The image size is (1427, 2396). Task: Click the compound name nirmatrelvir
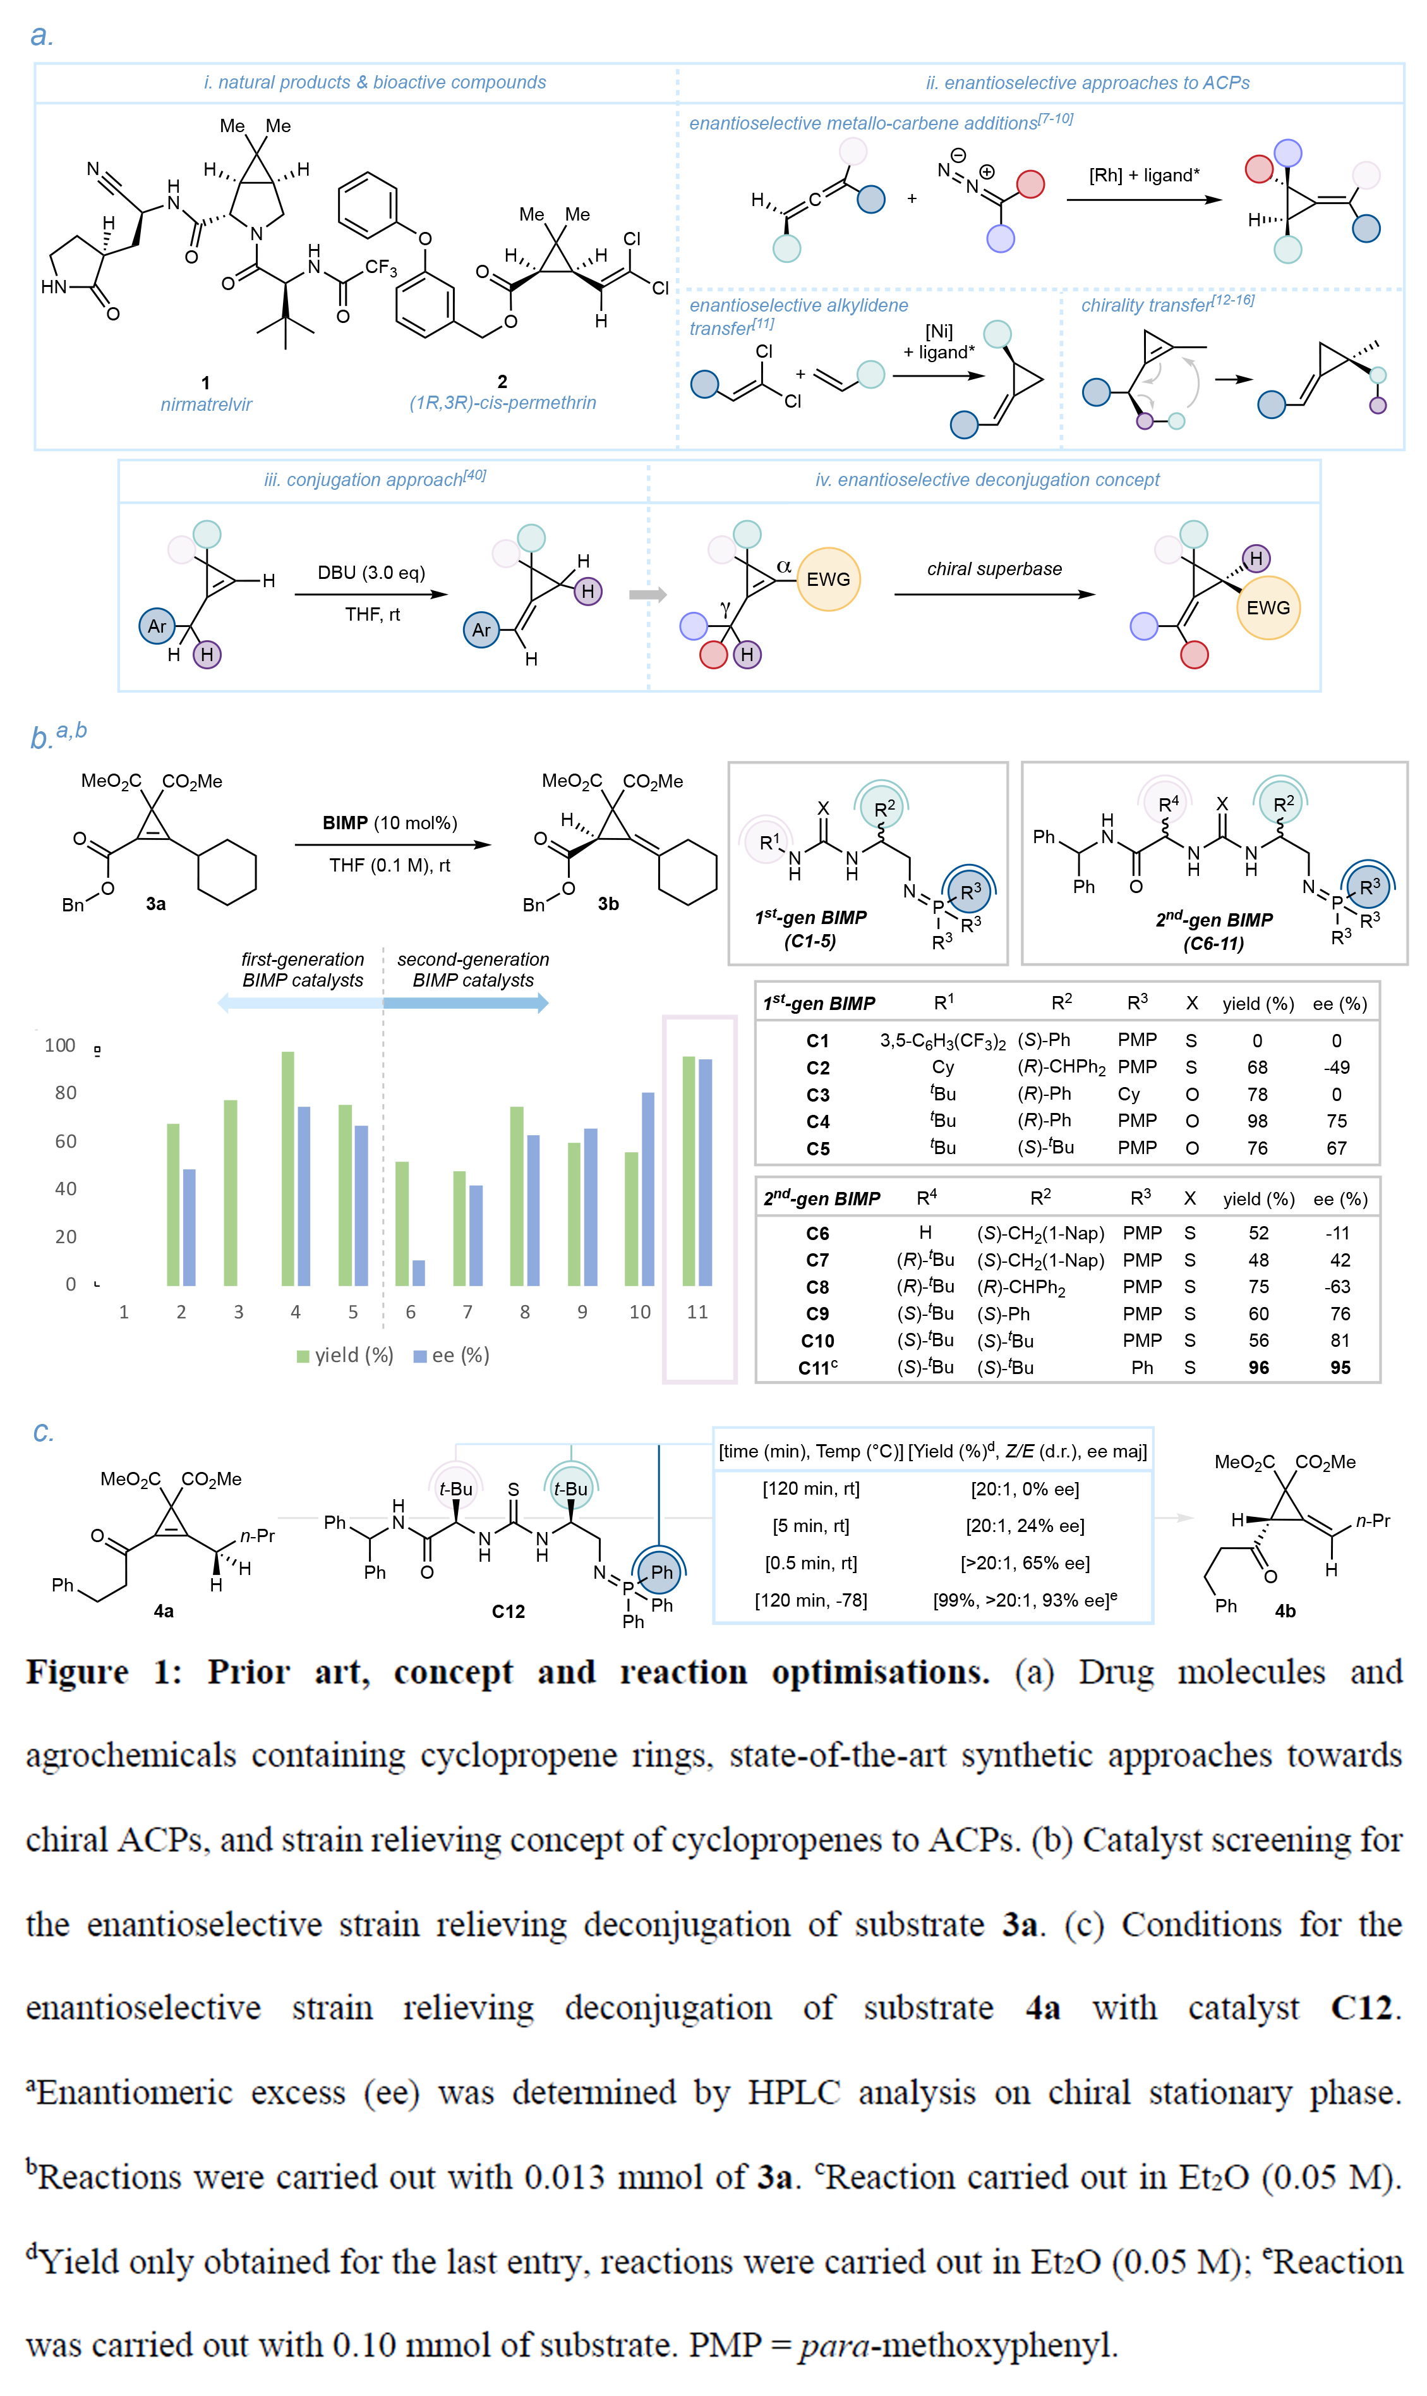point(206,404)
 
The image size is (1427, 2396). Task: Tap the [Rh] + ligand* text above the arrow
point(1144,175)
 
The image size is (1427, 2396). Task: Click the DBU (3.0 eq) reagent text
point(371,573)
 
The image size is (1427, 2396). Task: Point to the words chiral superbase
point(994,568)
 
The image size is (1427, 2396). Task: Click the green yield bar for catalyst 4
point(287,1169)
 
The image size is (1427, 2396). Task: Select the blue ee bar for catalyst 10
point(648,1189)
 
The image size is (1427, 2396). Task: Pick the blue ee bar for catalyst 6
point(418,1272)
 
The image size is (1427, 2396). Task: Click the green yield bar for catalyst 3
point(231,1193)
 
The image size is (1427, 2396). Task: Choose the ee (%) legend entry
point(451,1355)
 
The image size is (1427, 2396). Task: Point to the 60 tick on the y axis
point(66,1141)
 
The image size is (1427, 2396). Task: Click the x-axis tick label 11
point(697,1312)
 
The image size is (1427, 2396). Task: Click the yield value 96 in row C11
point(1259,1368)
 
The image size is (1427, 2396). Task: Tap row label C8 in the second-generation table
point(817,1287)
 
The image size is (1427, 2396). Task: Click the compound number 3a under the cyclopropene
point(156,904)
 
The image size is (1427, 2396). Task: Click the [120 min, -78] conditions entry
point(810,1600)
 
